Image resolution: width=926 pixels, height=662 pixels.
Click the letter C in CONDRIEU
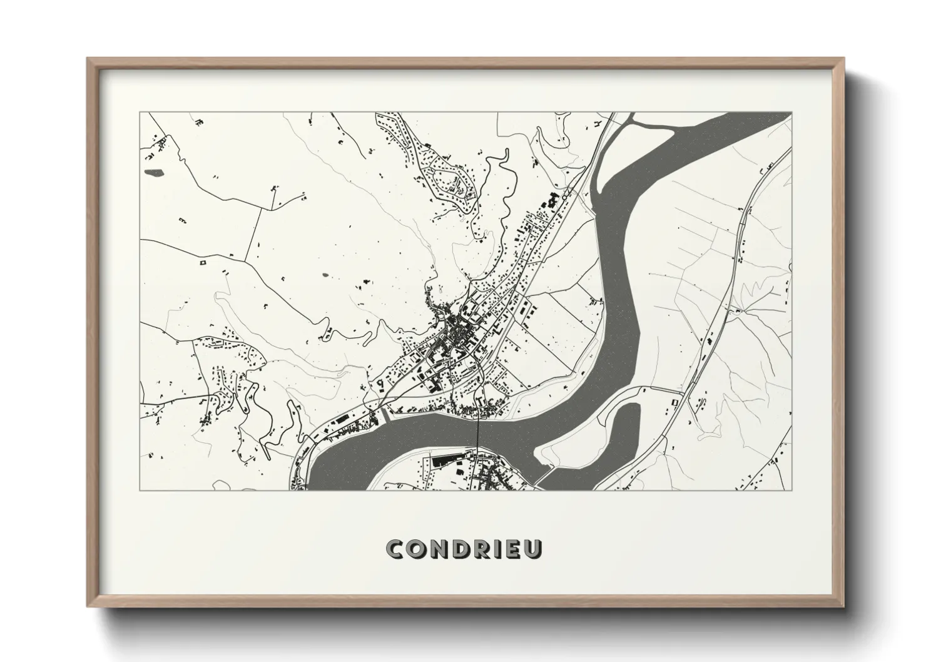click(x=396, y=549)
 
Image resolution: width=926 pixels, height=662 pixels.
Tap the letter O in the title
click(x=417, y=549)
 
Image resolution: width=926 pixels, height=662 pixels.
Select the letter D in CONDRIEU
click(x=460, y=549)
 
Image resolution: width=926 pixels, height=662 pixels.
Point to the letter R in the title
click(x=481, y=549)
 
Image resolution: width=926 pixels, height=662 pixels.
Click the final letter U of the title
click(x=533, y=549)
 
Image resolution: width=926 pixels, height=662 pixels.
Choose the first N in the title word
click(x=439, y=549)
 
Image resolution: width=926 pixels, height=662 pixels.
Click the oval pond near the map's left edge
click(x=153, y=171)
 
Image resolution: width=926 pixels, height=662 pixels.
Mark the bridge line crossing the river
click(x=477, y=432)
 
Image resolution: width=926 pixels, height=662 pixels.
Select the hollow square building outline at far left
click(x=203, y=263)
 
